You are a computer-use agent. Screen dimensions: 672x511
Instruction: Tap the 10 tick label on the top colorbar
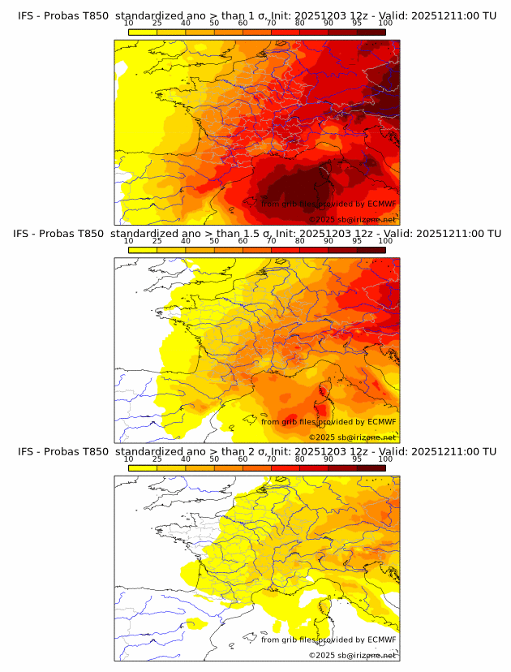(x=128, y=24)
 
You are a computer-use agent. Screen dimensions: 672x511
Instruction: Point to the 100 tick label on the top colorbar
(x=385, y=24)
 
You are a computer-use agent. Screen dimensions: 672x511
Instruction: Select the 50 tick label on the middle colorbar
(x=214, y=241)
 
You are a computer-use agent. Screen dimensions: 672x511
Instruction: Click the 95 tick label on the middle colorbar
(x=357, y=241)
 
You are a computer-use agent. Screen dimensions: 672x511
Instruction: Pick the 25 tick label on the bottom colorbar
(x=157, y=459)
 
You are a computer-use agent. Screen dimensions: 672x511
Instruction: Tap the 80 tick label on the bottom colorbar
(x=300, y=459)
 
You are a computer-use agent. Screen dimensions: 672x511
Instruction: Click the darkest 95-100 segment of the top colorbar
(x=371, y=32)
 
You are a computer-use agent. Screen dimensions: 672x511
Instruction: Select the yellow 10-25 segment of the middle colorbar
(x=143, y=249)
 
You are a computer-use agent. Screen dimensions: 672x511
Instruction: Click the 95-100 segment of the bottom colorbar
(x=371, y=467)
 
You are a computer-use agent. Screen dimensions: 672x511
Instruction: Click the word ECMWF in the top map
(x=381, y=205)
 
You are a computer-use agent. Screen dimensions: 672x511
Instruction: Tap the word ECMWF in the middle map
(x=381, y=422)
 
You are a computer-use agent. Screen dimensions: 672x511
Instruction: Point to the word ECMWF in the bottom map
(x=381, y=640)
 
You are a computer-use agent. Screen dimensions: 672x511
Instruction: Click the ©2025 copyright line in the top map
(x=352, y=220)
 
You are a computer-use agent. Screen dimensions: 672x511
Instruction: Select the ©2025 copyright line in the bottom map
(x=352, y=655)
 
